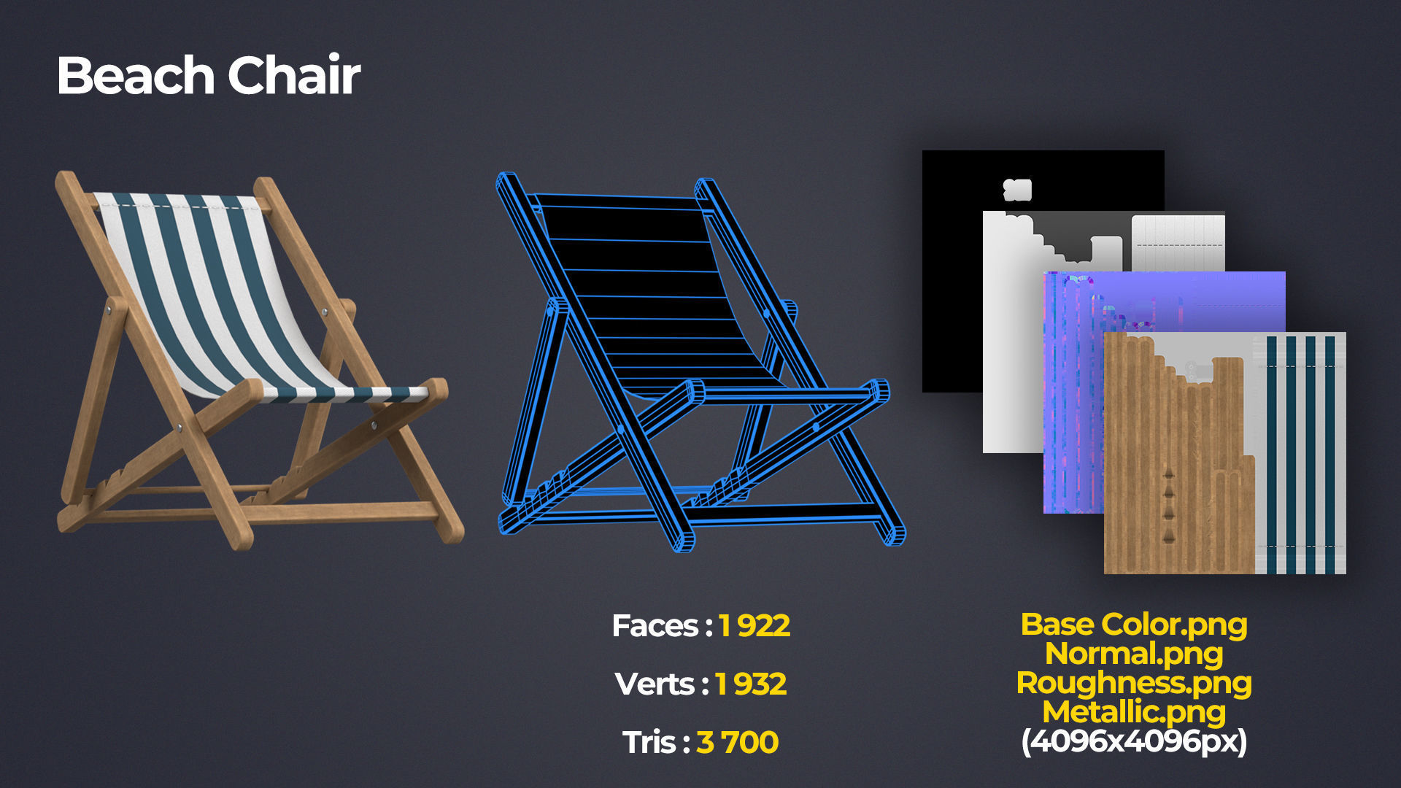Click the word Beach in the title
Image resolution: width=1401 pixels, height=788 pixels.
(135, 75)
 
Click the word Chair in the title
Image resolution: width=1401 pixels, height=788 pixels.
(294, 75)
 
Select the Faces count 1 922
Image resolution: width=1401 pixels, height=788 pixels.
(754, 626)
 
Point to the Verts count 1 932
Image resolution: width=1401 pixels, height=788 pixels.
(750, 684)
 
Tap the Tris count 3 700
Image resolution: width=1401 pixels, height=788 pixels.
(737, 743)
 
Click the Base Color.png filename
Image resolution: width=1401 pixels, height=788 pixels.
(1134, 625)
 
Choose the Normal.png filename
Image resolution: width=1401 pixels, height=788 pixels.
(1134, 654)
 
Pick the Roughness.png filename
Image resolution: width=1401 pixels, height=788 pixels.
(1134, 683)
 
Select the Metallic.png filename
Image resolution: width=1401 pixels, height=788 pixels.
(1134, 712)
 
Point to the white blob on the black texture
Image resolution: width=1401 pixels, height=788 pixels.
(1017, 190)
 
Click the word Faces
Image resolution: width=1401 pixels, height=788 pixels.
(655, 626)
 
